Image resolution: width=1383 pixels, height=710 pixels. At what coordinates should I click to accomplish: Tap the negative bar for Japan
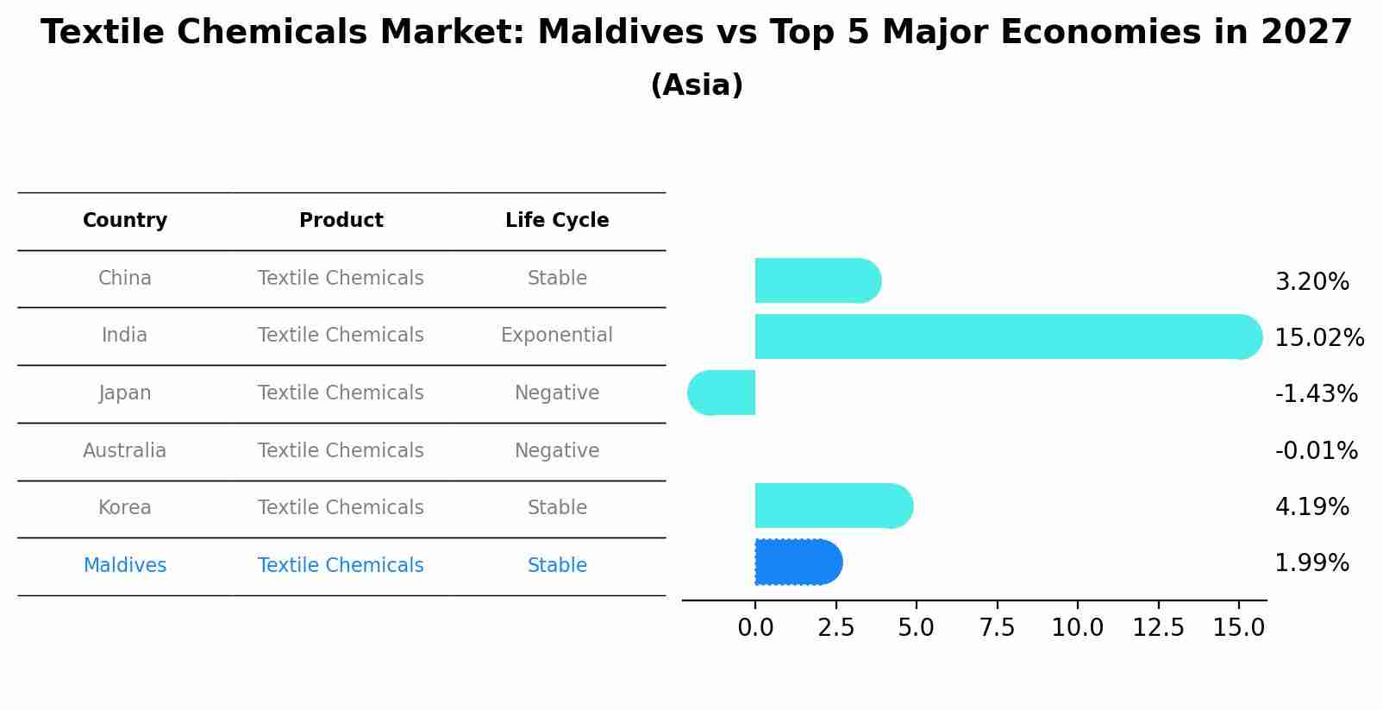point(722,393)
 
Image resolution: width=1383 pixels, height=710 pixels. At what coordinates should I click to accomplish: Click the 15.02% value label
point(1318,338)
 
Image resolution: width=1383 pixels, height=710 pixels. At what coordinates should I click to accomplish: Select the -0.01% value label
point(1316,450)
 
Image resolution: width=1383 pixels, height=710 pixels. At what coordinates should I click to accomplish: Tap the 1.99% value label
point(1311,563)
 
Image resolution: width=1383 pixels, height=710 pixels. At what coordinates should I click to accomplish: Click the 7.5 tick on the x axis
point(997,628)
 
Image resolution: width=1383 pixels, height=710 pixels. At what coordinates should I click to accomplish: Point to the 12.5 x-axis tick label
point(1158,628)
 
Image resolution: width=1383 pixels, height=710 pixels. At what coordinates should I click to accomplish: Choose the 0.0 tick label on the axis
point(755,628)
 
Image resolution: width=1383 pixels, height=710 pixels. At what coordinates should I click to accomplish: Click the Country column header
point(125,221)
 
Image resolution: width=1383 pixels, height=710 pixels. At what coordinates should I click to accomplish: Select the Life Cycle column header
point(557,221)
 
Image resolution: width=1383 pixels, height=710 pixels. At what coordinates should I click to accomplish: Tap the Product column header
point(341,221)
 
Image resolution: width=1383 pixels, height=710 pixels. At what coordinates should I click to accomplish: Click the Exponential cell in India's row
point(557,336)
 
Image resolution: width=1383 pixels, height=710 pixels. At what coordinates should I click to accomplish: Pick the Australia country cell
point(125,450)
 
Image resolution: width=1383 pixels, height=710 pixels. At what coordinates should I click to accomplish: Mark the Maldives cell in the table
point(125,566)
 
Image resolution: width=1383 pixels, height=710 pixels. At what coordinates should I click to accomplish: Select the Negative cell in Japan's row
point(557,393)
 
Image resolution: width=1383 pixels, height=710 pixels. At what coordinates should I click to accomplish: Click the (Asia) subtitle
point(697,85)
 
